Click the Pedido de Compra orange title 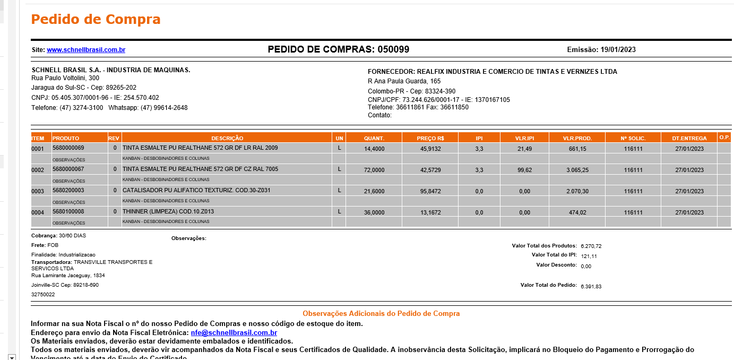tap(96, 20)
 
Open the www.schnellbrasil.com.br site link tap(86, 50)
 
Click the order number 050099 tap(393, 49)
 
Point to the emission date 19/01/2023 tap(618, 50)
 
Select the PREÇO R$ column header tap(430, 138)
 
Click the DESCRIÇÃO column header tap(227, 138)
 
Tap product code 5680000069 tap(68, 148)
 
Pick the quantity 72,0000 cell tap(374, 170)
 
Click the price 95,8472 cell tap(430, 191)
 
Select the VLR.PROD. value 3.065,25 tap(577, 170)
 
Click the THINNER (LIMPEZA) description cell tap(168, 211)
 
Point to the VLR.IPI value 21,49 tap(524, 149)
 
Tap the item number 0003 tap(38, 191)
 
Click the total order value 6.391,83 tap(591, 286)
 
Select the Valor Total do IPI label tap(554, 255)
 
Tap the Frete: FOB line tap(45, 245)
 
